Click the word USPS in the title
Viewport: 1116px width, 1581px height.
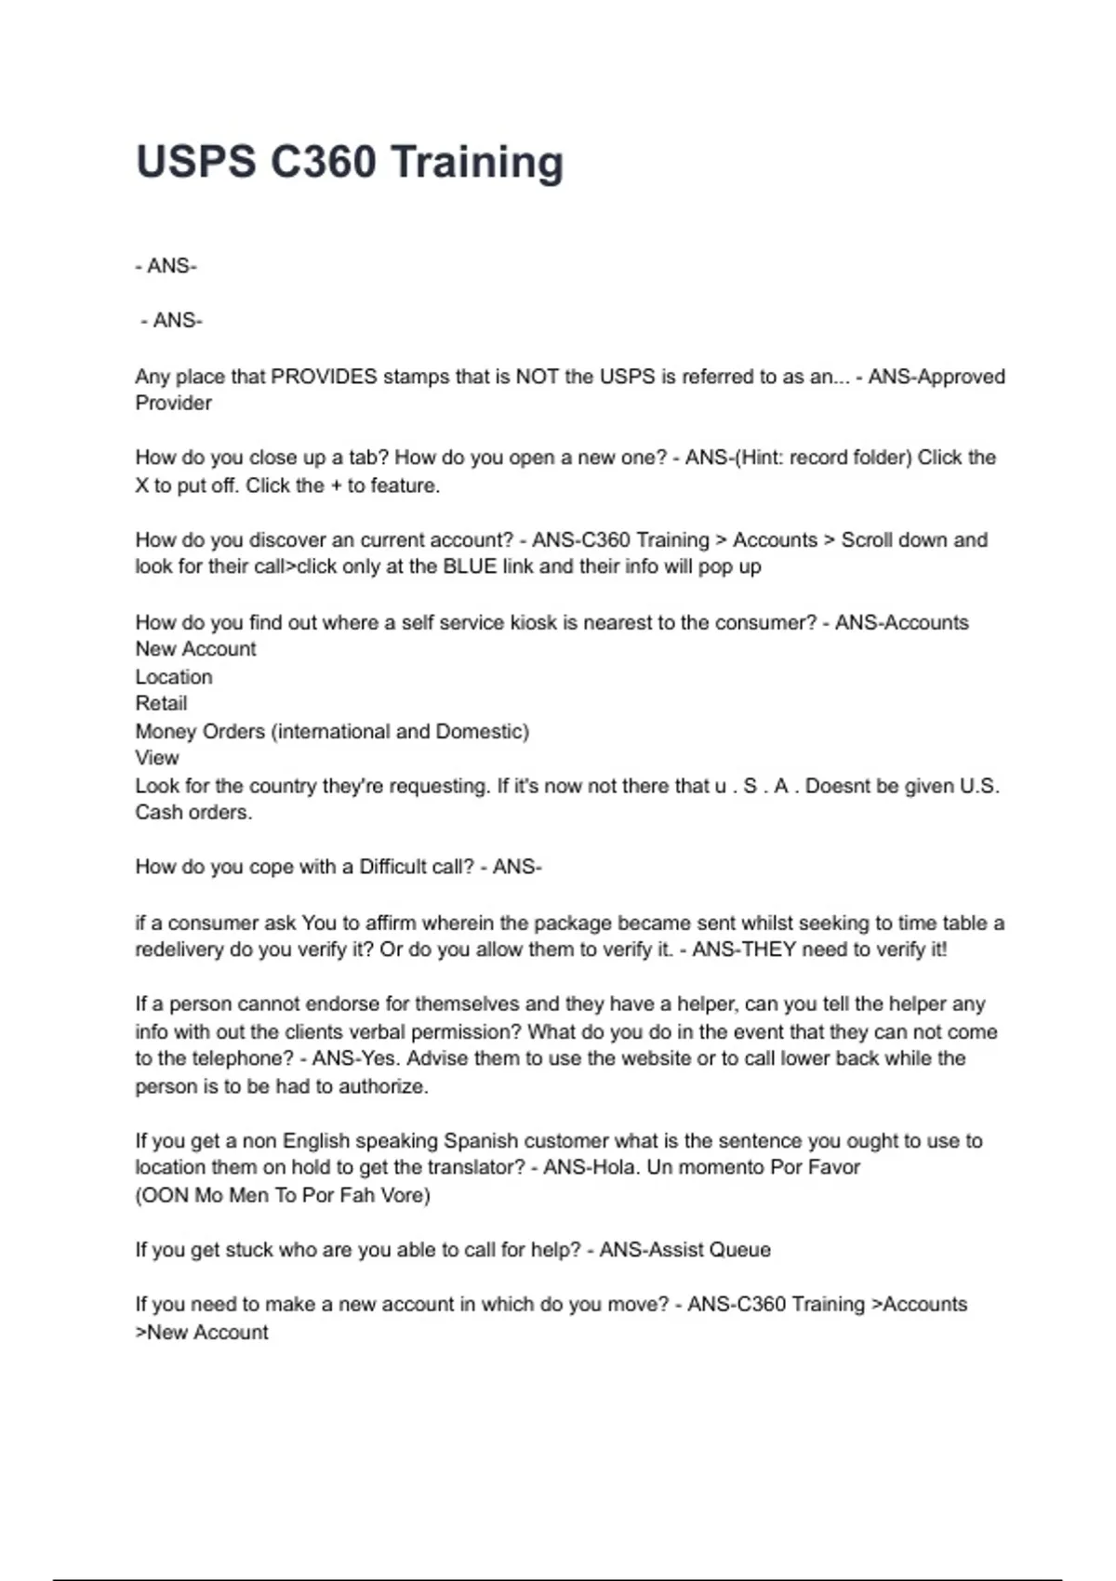(x=195, y=162)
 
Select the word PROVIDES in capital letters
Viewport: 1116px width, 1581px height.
(x=324, y=377)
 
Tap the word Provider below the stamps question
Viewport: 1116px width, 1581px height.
(x=173, y=403)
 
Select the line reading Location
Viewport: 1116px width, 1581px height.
(x=174, y=677)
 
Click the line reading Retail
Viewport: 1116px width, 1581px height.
(x=161, y=703)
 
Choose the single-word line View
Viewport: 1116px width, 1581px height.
(x=156, y=758)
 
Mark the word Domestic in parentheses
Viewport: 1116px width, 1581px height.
(x=481, y=731)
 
